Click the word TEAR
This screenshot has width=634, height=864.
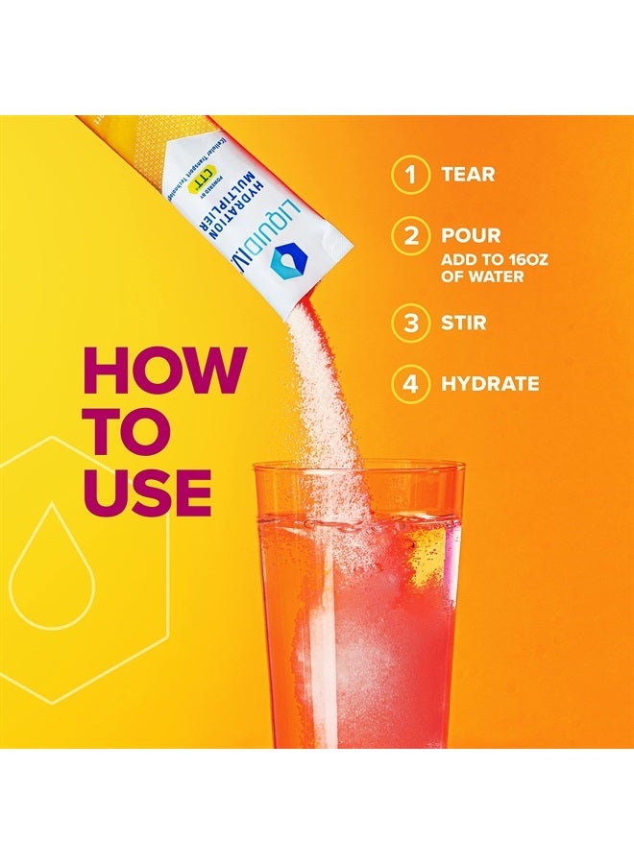tap(468, 175)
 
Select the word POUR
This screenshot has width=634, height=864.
tap(471, 236)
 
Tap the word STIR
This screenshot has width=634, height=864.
tap(464, 323)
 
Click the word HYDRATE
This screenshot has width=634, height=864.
tap(490, 384)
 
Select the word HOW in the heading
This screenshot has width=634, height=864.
tap(164, 371)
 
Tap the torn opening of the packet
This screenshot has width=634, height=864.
tap(327, 288)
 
